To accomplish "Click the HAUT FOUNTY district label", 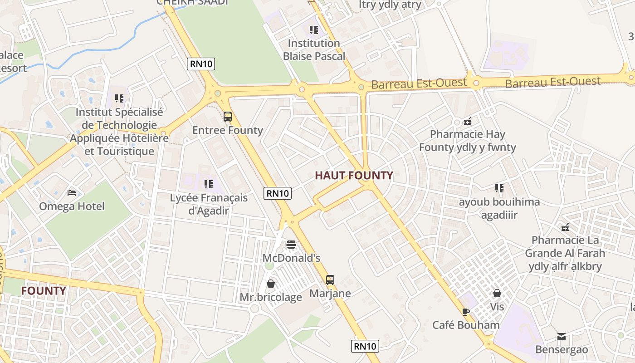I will [x=354, y=176].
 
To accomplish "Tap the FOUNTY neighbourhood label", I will [x=44, y=291].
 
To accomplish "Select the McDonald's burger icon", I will [x=291, y=245].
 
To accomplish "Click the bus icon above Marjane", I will [x=330, y=280].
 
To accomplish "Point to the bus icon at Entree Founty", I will [x=228, y=117].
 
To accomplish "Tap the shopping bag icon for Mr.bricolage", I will [x=271, y=284].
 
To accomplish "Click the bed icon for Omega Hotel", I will [x=72, y=193].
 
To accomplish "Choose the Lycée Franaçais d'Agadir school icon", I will [x=209, y=184].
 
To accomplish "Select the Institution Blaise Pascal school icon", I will [x=314, y=30].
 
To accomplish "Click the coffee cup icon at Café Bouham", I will [x=465, y=311].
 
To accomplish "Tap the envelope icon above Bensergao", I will [x=562, y=336].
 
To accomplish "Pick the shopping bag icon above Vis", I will [x=497, y=293].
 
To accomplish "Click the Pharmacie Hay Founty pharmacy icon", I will [x=468, y=121].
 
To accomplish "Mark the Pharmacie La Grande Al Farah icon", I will [x=565, y=227].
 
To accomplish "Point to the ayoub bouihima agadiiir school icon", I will [x=499, y=188].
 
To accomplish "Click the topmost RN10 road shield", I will [x=201, y=64].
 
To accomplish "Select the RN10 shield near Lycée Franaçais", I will [x=277, y=193].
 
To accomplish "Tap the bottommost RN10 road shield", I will [x=365, y=346].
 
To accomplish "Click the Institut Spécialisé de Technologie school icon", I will [x=119, y=98].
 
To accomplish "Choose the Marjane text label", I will [x=330, y=294].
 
